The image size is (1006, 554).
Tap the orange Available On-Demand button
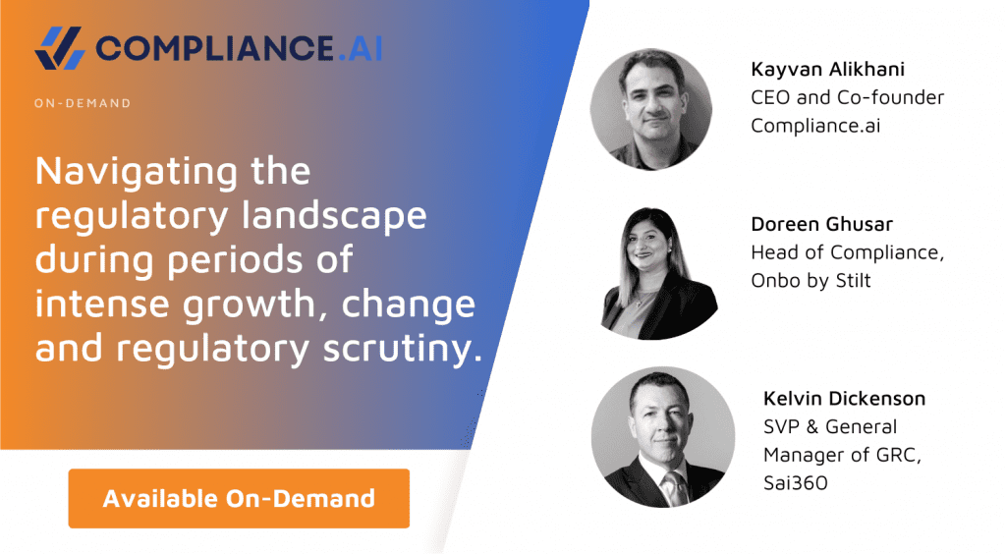(239, 498)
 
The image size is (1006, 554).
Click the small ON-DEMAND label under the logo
(82, 103)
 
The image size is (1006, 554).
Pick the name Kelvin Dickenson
(845, 399)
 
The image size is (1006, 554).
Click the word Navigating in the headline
(138, 174)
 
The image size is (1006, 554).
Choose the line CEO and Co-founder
(847, 98)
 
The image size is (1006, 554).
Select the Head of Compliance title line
(847, 251)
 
